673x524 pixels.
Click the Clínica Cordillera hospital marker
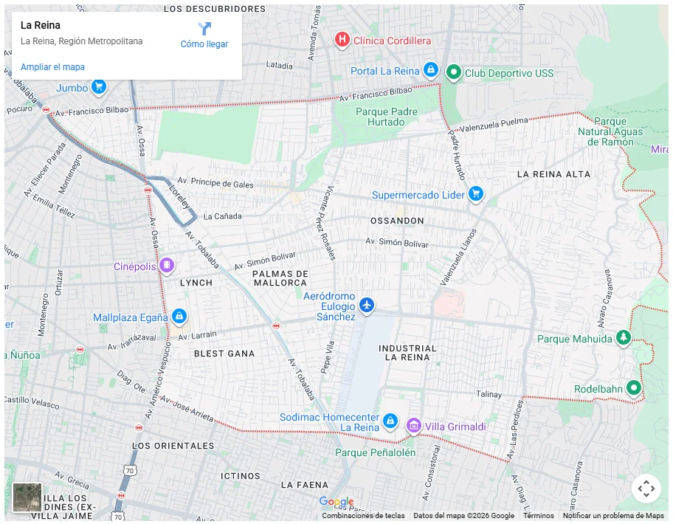coord(342,40)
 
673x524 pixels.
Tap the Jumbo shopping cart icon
coord(98,87)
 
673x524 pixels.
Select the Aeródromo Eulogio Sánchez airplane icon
coord(367,304)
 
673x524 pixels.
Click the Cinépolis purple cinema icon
coord(168,265)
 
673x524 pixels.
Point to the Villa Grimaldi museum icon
coord(414,426)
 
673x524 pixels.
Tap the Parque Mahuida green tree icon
coord(624,338)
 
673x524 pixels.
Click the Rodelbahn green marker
coord(633,387)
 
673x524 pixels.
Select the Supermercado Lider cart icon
coord(476,194)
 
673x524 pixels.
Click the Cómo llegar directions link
coord(204,35)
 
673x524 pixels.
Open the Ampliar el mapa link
coord(52,67)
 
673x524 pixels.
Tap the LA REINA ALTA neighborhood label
coord(553,174)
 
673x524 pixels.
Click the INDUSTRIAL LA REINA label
coord(407,353)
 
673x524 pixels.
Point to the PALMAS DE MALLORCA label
coord(280,278)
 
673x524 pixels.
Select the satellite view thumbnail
coord(27,497)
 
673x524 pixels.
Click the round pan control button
coord(646,488)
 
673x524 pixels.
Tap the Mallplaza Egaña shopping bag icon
coord(179,317)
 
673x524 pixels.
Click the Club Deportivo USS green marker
coord(455,72)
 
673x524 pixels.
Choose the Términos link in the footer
coord(538,516)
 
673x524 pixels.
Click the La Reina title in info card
coord(41,25)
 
